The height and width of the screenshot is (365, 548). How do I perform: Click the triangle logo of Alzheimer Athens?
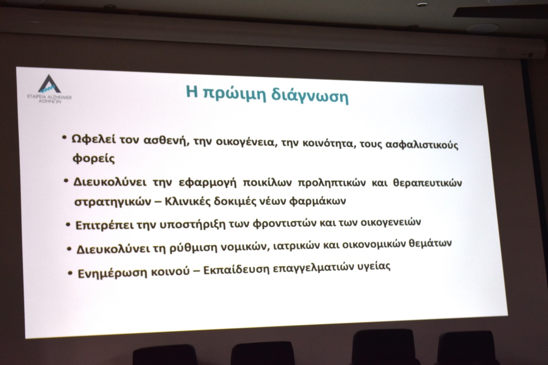click(49, 84)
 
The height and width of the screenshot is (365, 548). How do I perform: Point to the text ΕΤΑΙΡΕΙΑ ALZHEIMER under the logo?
click(49, 97)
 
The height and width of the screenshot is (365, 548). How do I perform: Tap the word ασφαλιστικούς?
click(422, 144)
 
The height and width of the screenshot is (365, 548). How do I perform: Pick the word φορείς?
click(93, 158)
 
